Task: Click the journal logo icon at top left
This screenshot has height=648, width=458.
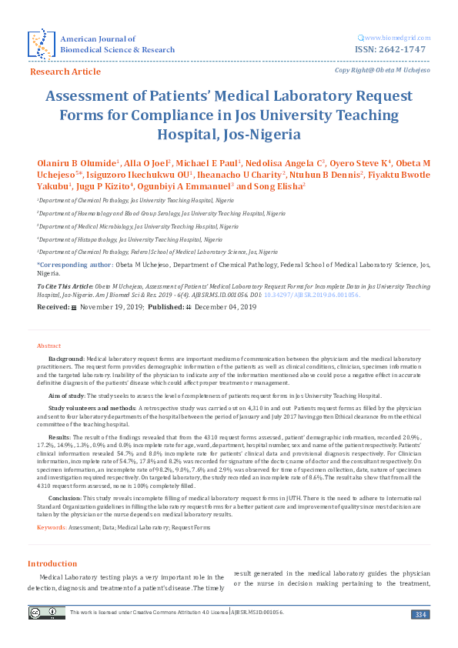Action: (40, 45)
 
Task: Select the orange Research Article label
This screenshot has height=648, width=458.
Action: (65, 72)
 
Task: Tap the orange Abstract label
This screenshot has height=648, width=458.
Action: (49, 346)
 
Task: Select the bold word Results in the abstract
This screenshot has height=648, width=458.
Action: (60, 436)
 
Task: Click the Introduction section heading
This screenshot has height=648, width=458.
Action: (52, 563)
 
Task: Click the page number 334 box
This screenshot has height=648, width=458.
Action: (420, 613)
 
